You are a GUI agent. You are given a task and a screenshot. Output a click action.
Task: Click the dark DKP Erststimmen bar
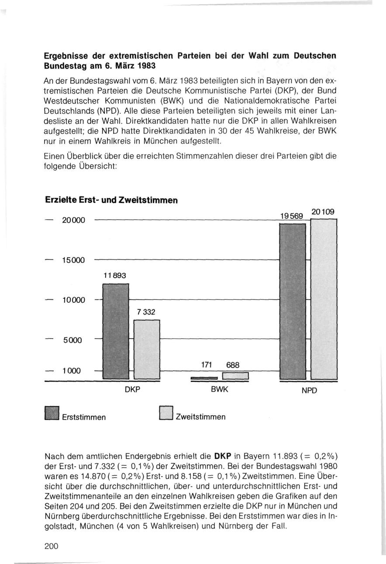coord(115,331)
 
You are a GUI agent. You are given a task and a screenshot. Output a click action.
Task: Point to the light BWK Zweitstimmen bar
coord(235,376)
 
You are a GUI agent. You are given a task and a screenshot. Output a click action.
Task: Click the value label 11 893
coord(115,276)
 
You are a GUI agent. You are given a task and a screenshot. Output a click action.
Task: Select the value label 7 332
coord(146,312)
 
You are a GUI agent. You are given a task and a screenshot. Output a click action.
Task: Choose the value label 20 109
coord(323,212)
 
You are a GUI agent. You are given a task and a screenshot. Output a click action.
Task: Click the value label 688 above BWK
coord(233,365)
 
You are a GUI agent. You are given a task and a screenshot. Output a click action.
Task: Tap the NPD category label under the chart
coord(308,390)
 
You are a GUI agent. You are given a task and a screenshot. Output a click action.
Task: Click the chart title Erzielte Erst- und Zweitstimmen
coord(111,200)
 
